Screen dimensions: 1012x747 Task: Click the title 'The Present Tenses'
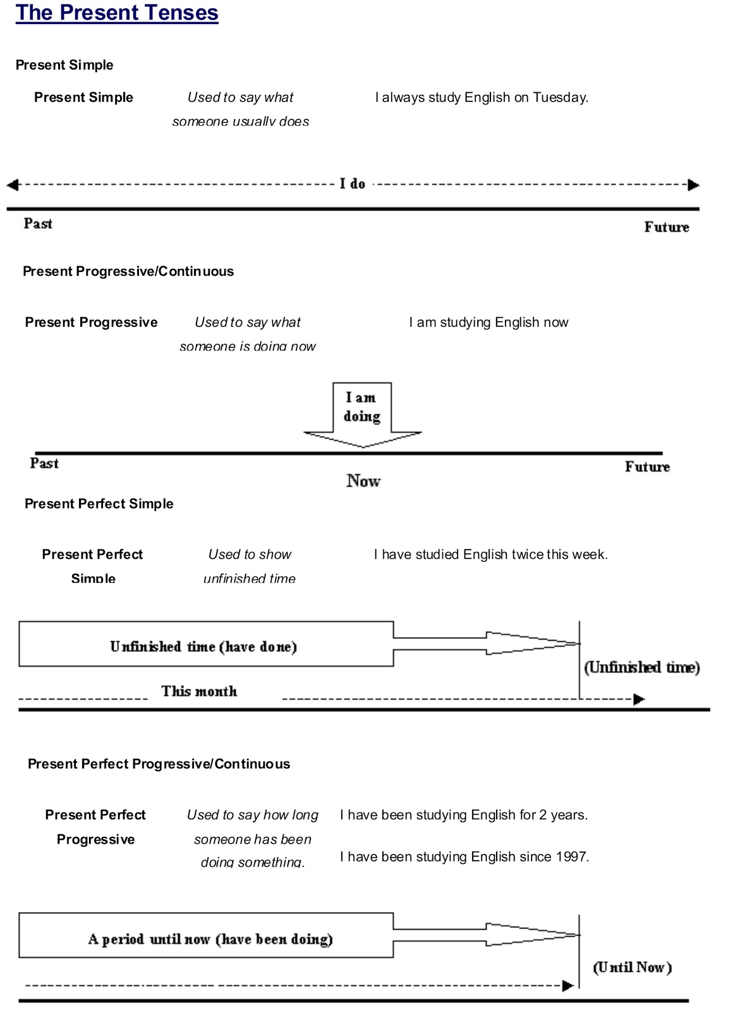pyautogui.click(x=117, y=13)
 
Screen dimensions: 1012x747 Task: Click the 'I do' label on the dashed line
pyautogui.click(x=353, y=184)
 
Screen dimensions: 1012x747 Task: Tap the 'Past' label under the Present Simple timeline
pyautogui.click(x=38, y=223)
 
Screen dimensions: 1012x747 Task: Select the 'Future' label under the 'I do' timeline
pyautogui.click(x=666, y=227)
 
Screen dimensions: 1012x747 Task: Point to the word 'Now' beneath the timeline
pyautogui.click(x=363, y=481)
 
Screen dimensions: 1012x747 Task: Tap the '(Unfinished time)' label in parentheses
pyautogui.click(x=641, y=667)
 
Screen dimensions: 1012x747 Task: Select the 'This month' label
pyautogui.click(x=199, y=691)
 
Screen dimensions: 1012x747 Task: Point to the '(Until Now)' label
pyautogui.click(x=632, y=967)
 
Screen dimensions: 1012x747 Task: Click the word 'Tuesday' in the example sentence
pyautogui.click(x=559, y=97)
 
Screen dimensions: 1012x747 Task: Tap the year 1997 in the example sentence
pyautogui.click(x=572, y=857)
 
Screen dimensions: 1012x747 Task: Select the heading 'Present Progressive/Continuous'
pyautogui.click(x=128, y=271)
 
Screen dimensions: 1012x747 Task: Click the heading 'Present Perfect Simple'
pyautogui.click(x=99, y=504)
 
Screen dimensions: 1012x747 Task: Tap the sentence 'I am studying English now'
pyautogui.click(x=489, y=323)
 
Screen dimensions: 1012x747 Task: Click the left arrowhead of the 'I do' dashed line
pyautogui.click(x=13, y=185)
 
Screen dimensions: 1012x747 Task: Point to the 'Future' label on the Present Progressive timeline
pyautogui.click(x=647, y=467)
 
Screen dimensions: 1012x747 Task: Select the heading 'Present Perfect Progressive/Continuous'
pyautogui.click(x=159, y=764)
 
